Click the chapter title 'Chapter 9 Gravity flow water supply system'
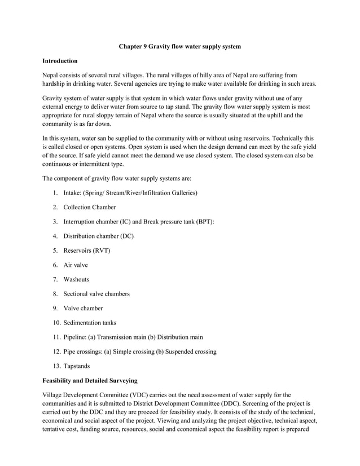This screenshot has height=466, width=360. (x=179, y=46)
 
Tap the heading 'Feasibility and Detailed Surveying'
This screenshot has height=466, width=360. (x=90, y=381)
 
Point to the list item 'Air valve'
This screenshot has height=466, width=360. (x=76, y=265)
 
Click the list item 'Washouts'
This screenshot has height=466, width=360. (x=76, y=279)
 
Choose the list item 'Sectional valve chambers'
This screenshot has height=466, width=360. (x=96, y=294)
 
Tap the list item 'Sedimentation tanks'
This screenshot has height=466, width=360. (x=90, y=323)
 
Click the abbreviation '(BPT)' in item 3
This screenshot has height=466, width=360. (x=205, y=222)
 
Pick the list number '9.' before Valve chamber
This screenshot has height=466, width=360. (x=56, y=308)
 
